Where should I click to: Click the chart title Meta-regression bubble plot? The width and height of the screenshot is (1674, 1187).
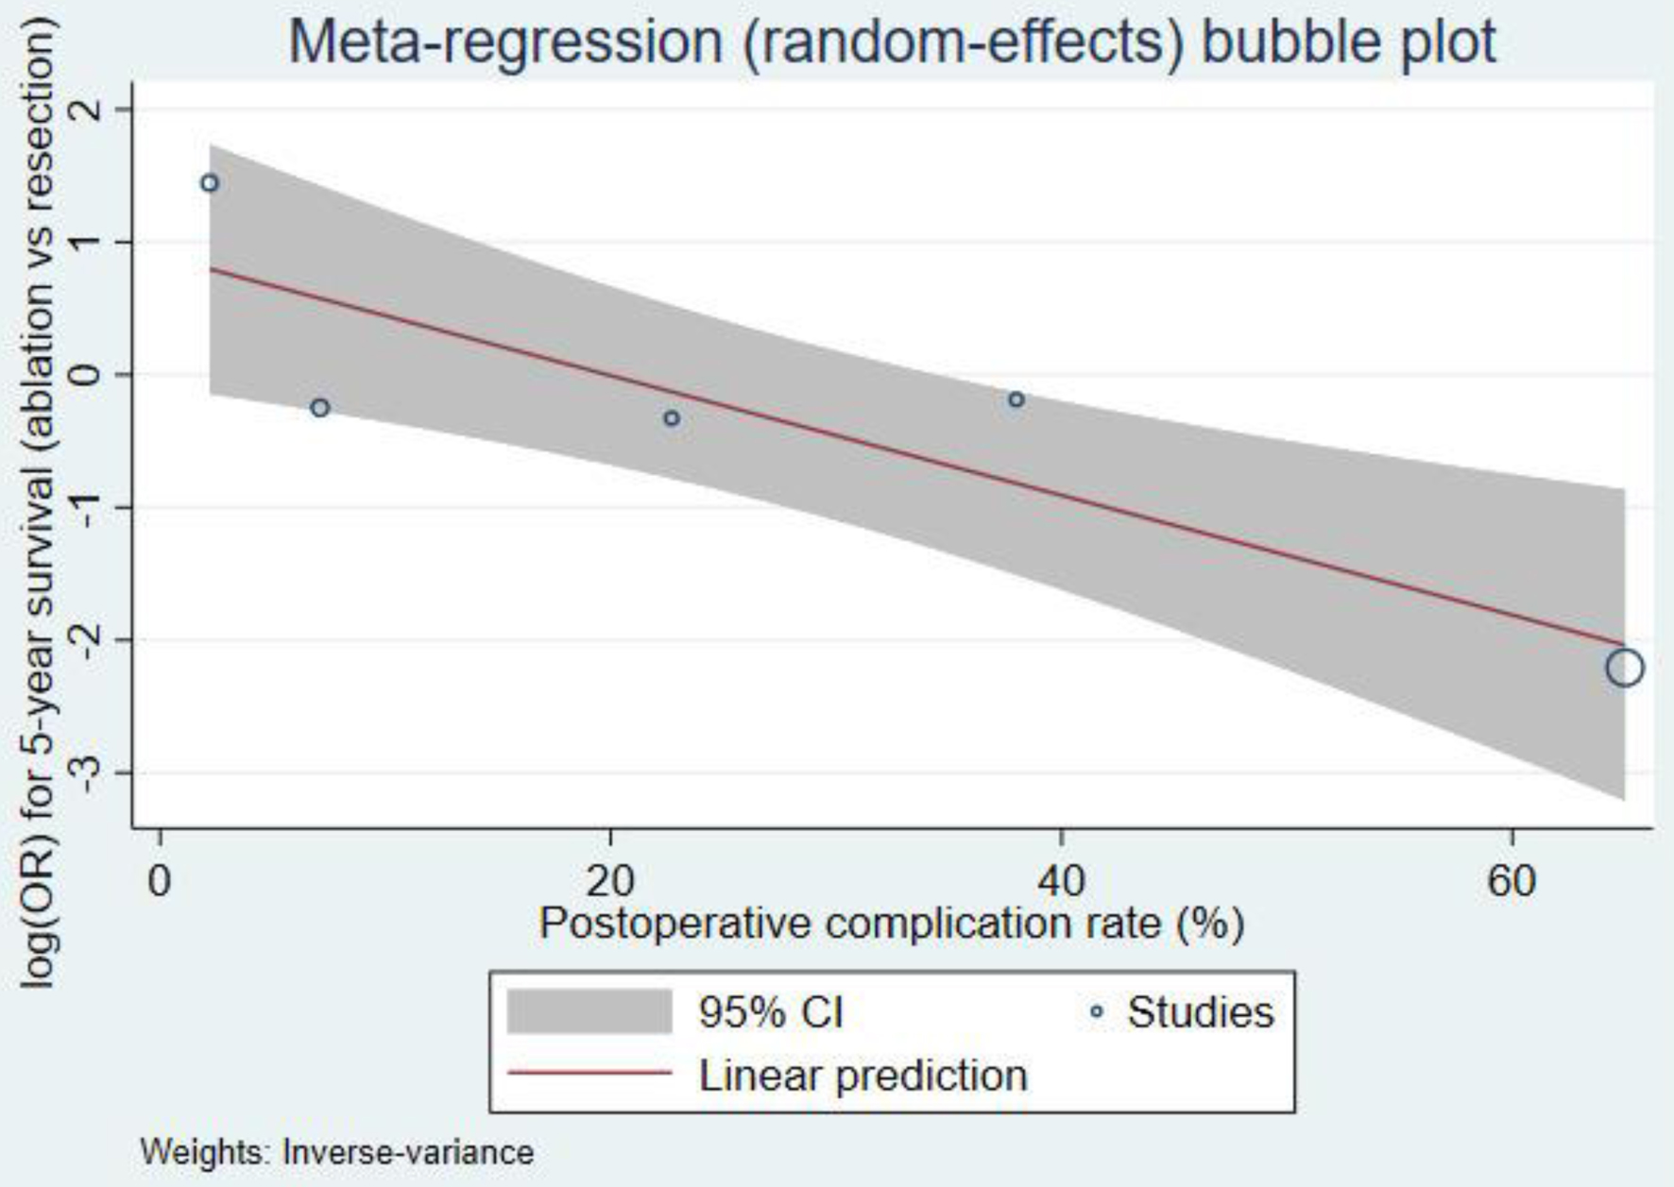click(892, 42)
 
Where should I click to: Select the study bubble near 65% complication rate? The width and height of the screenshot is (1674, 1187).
click(1624, 668)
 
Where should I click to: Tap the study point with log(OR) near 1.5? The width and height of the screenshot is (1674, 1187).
click(210, 183)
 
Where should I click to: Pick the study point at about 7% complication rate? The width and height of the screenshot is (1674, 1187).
click(320, 408)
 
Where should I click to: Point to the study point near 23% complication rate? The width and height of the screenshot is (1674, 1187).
click(672, 418)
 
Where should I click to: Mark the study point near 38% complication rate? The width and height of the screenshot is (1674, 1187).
click(1016, 399)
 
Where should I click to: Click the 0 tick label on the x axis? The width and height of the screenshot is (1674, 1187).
click(160, 881)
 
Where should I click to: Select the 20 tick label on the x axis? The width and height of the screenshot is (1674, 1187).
click(610, 881)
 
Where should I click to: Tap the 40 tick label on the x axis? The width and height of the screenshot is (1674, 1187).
click(1061, 881)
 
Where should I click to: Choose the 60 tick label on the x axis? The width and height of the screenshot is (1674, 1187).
click(1512, 881)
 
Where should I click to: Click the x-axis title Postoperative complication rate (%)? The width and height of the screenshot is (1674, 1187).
click(891, 924)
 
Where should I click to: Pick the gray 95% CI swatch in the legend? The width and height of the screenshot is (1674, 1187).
click(589, 1012)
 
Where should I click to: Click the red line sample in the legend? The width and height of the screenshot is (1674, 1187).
click(589, 1074)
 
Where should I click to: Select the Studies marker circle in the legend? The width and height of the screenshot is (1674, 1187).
click(1096, 1012)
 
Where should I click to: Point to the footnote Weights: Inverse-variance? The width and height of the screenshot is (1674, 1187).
click(337, 1153)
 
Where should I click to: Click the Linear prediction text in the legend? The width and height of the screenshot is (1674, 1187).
click(863, 1076)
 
